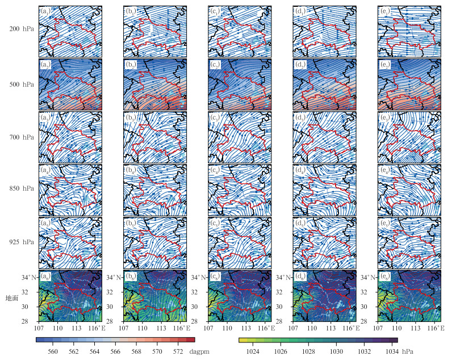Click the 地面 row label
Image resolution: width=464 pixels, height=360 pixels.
click(x=12, y=298)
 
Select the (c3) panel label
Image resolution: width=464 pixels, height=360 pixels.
click(x=215, y=118)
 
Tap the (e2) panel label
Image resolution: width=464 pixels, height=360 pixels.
click(x=384, y=64)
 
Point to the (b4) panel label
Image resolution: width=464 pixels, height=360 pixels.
click(x=131, y=171)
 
